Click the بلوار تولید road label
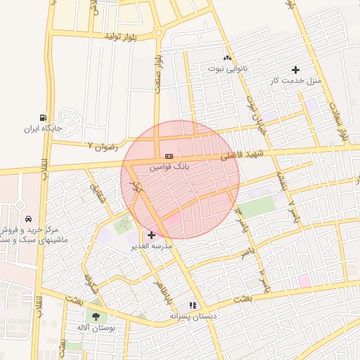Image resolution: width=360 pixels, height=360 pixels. (126, 35)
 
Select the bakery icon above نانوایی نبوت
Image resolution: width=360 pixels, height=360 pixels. (227, 58)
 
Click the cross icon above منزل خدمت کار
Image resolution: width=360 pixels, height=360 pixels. (295, 70)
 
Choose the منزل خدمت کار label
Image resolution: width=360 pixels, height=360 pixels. (295, 82)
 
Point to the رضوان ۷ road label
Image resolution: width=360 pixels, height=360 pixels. (101, 145)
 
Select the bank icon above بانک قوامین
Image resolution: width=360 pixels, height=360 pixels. (169, 155)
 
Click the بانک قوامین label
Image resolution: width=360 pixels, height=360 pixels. (170, 167)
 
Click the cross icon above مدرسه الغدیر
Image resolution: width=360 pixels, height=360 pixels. (151, 235)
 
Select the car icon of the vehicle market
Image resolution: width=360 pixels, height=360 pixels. (27, 219)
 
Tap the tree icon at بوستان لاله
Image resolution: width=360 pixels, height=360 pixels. (96, 316)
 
